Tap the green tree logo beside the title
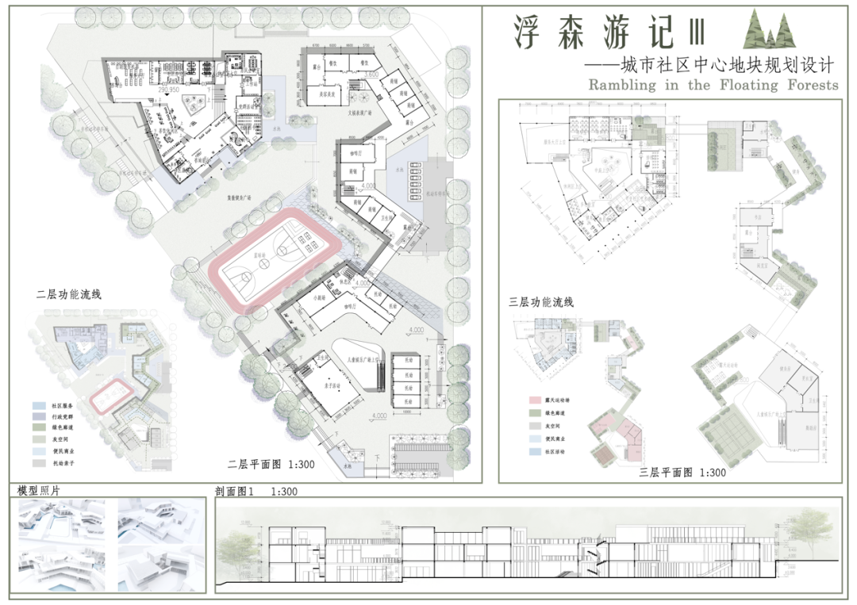[768, 31]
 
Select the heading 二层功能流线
[69, 293]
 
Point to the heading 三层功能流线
[540, 302]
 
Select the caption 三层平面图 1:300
[682, 473]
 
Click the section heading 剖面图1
[235, 492]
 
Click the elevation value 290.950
[171, 90]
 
